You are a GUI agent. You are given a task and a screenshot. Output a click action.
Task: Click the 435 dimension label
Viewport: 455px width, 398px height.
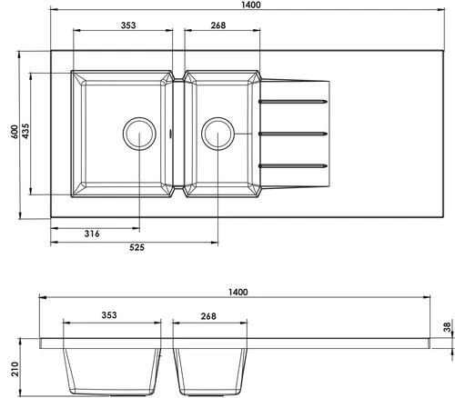click(x=29, y=132)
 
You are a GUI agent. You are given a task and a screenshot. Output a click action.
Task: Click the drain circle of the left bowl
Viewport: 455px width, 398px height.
click(x=138, y=133)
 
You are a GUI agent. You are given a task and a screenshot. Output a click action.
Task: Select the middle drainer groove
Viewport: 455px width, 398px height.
click(x=293, y=134)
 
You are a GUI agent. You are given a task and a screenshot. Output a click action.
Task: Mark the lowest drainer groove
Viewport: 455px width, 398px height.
click(x=293, y=165)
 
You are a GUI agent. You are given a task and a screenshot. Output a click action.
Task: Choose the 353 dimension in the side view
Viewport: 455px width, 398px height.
click(x=109, y=316)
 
